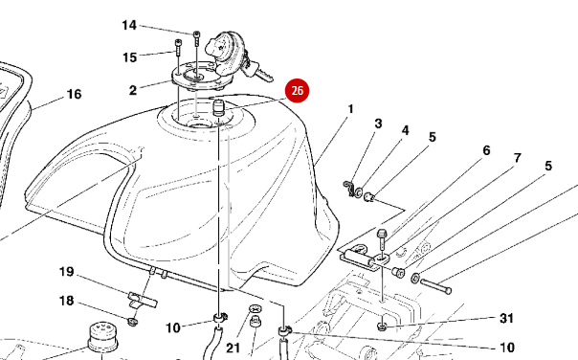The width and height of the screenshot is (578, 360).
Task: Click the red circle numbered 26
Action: [x=297, y=90]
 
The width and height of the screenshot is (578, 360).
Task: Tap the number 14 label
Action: [x=129, y=26]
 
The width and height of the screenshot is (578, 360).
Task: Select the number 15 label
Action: [x=130, y=57]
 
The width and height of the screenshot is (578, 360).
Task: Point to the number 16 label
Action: [x=74, y=94]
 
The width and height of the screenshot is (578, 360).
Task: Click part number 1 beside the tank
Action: [x=350, y=109]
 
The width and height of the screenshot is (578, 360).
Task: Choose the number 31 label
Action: [x=506, y=318]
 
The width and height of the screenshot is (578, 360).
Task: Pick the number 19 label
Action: [x=67, y=272]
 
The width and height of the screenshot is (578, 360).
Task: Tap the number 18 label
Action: [x=67, y=301]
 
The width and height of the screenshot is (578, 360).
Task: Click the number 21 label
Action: [x=233, y=348]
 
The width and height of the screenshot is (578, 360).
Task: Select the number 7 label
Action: [x=518, y=158]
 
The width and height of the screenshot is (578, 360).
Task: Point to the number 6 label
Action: [x=486, y=150]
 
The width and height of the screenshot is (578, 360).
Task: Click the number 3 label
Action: [x=378, y=124]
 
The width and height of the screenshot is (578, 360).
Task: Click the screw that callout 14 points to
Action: [x=196, y=38]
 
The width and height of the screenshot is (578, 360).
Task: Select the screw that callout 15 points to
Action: [x=178, y=47]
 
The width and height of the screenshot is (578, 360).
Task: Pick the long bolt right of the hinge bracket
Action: [x=435, y=286]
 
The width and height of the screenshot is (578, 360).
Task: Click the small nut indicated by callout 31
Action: [x=382, y=326]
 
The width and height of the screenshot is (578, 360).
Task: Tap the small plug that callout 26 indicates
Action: [x=219, y=107]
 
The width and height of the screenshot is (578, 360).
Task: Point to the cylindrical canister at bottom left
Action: [x=102, y=337]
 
